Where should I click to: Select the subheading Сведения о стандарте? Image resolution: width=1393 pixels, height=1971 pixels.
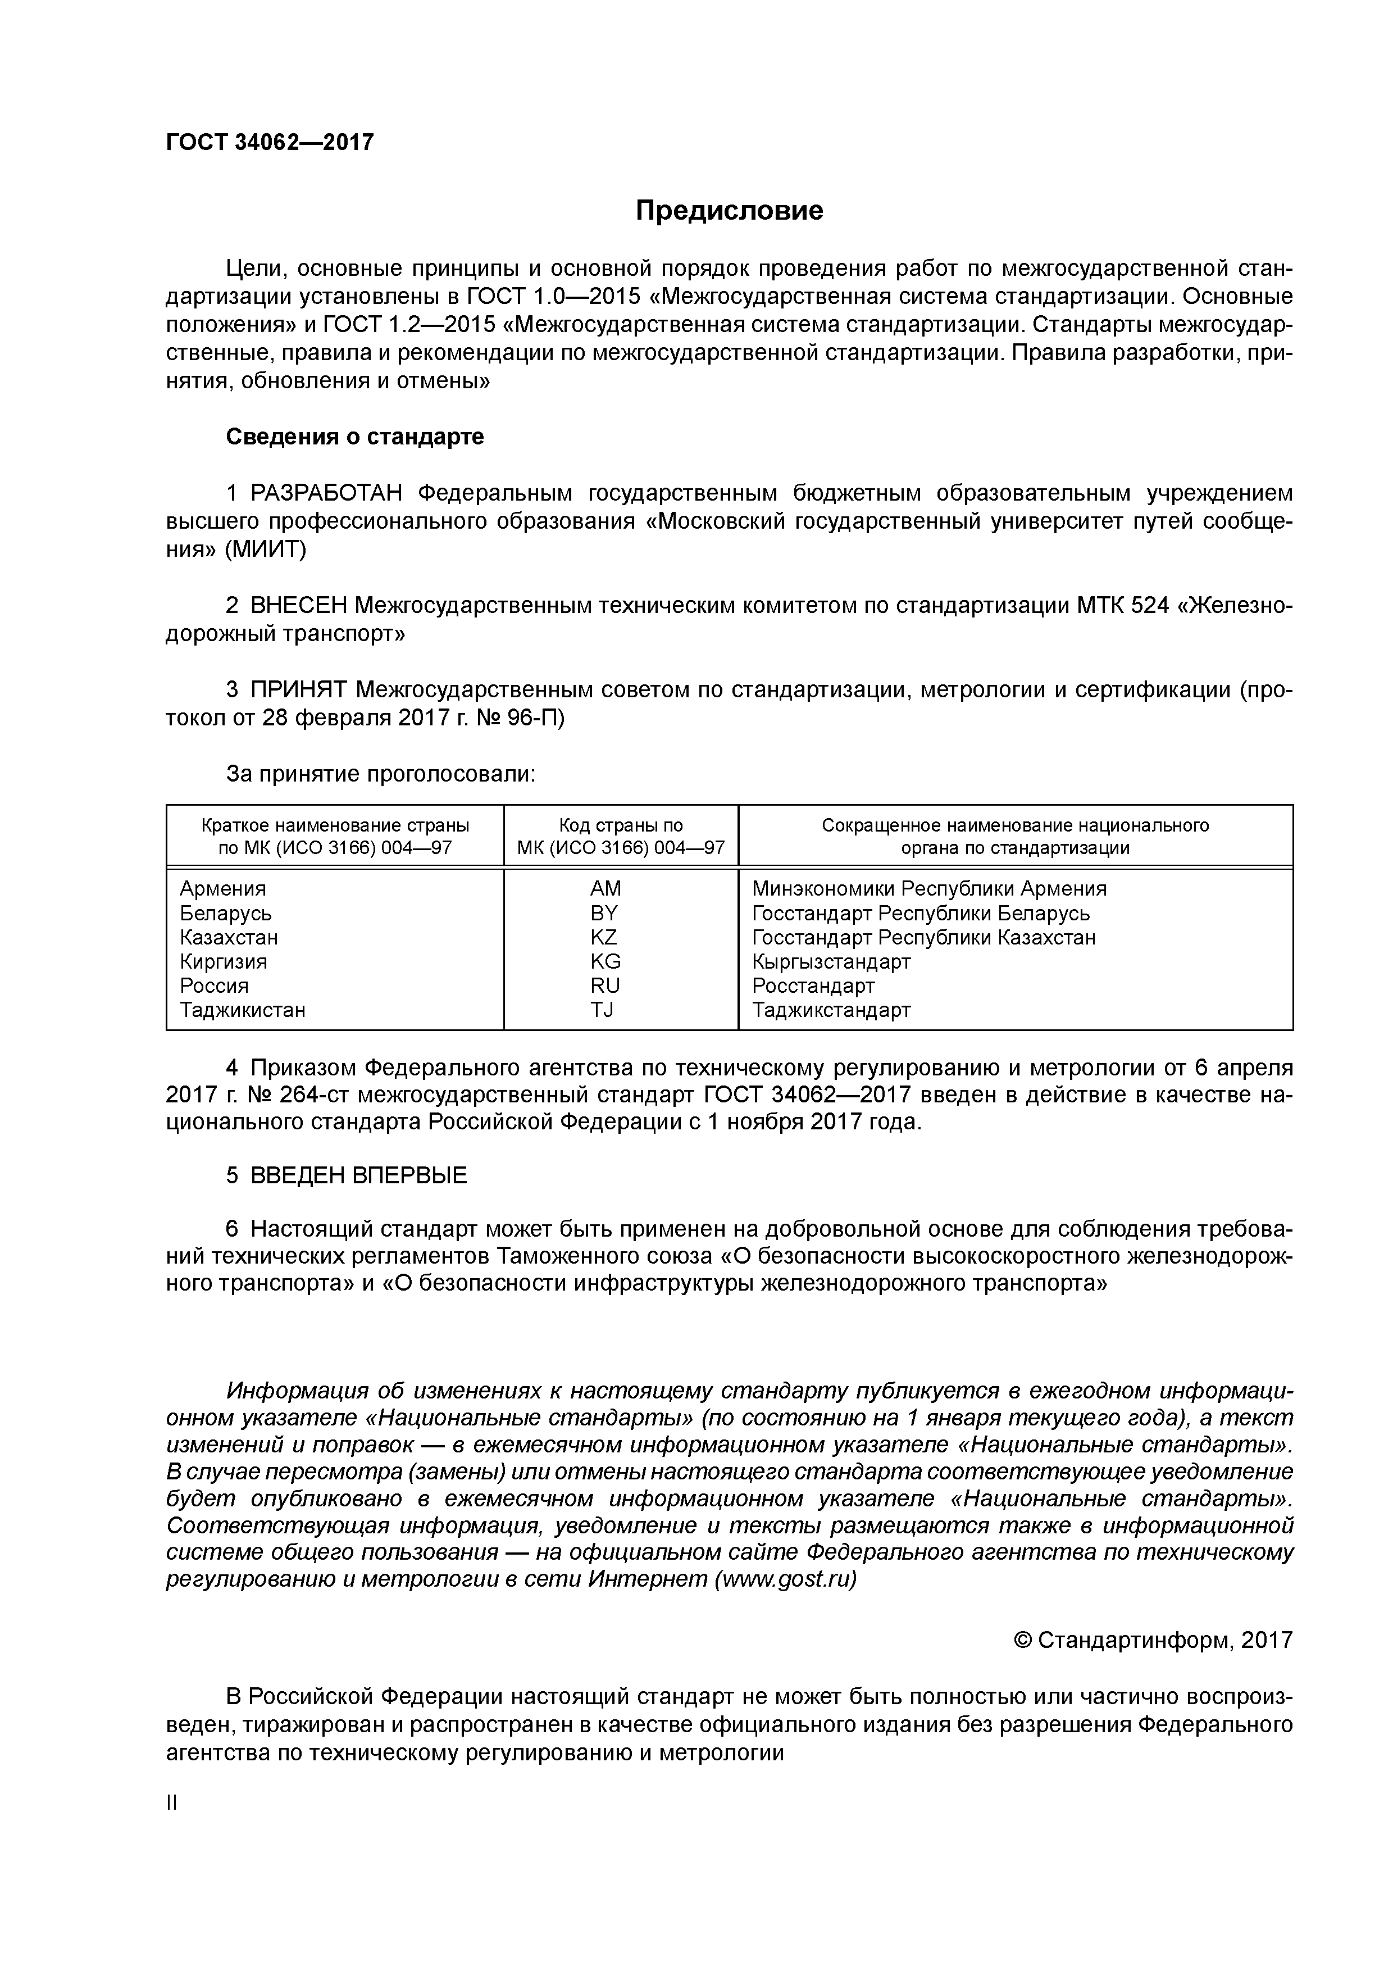click(x=354, y=437)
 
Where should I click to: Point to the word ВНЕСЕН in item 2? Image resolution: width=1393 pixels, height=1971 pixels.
click(x=298, y=606)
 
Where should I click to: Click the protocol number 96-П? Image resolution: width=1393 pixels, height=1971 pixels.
click(x=535, y=717)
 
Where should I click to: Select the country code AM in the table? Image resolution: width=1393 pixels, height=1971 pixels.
click(x=605, y=888)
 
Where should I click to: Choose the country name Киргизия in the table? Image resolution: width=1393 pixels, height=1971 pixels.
click(x=223, y=961)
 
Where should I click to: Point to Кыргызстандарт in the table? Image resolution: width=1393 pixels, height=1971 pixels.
click(x=831, y=961)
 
